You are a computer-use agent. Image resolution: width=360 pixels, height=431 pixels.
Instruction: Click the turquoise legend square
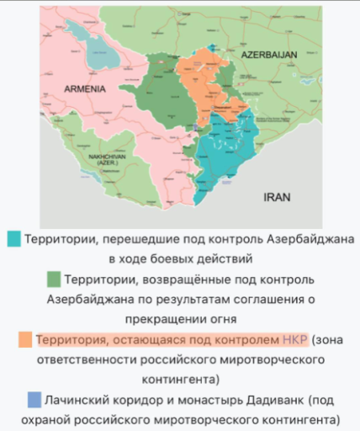click(x=13, y=239)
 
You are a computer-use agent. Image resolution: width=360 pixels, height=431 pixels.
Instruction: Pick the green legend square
click(x=53, y=279)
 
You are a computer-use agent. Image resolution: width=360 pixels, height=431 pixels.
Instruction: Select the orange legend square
click(x=27, y=340)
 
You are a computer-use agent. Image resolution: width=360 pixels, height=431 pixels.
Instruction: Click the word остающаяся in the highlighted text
click(x=146, y=339)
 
